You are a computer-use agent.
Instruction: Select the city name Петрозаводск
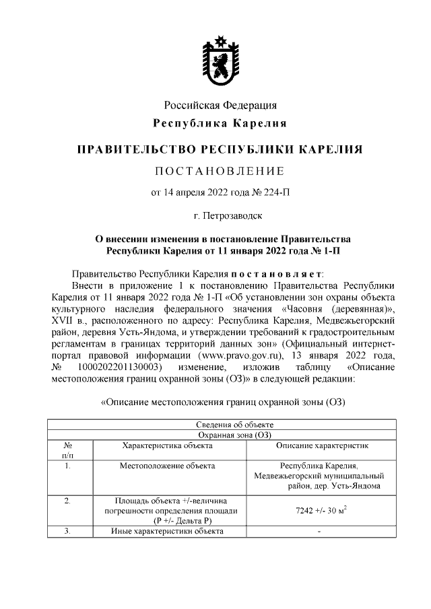click(234, 217)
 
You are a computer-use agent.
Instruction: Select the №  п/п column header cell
click(67, 450)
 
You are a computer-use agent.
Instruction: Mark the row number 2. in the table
click(67, 501)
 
